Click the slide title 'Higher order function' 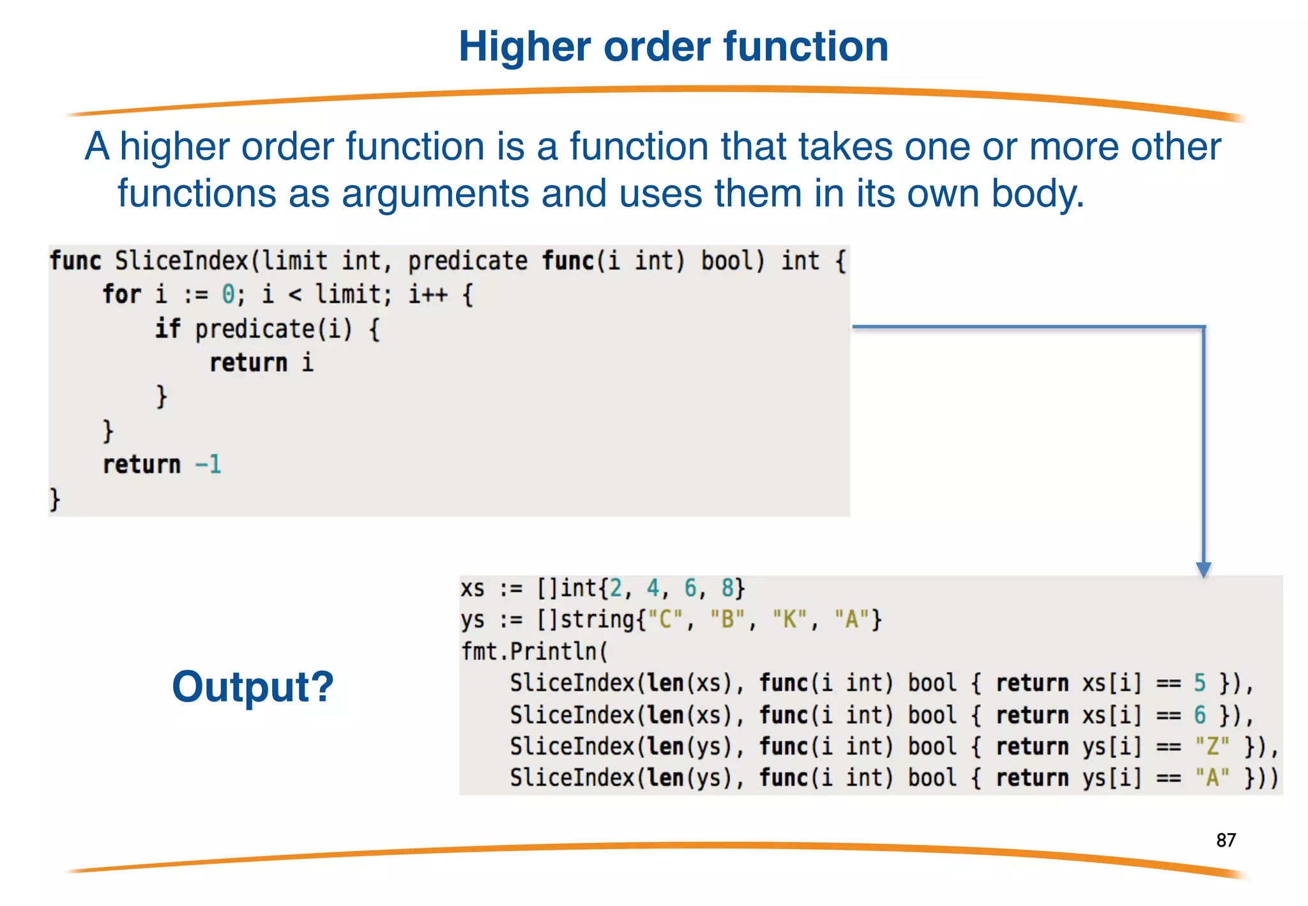tap(673, 47)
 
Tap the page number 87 tap(1226, 840)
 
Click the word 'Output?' tap(253, 687)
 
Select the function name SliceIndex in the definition tap(181, 261)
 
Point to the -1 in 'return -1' tap(208, 464)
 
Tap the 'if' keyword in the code tap(167, 328)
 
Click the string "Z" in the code tap(1212, 746)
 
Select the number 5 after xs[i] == tap(1200, 683)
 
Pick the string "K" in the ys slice tap(790, 619)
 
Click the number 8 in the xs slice tap(727, 588)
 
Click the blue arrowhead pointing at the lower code tap(1203, 569)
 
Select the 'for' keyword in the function tap(121, 295)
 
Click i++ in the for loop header tap(428, 295)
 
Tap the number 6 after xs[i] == tap(1200, 715)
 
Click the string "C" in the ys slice tap(665, 619)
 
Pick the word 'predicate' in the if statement tap(254, 329)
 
